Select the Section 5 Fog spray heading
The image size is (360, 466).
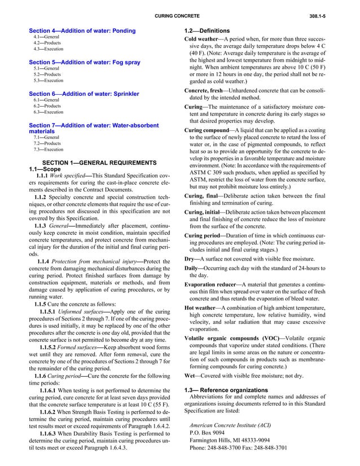(84, 62)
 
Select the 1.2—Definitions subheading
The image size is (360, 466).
(207, 30)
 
